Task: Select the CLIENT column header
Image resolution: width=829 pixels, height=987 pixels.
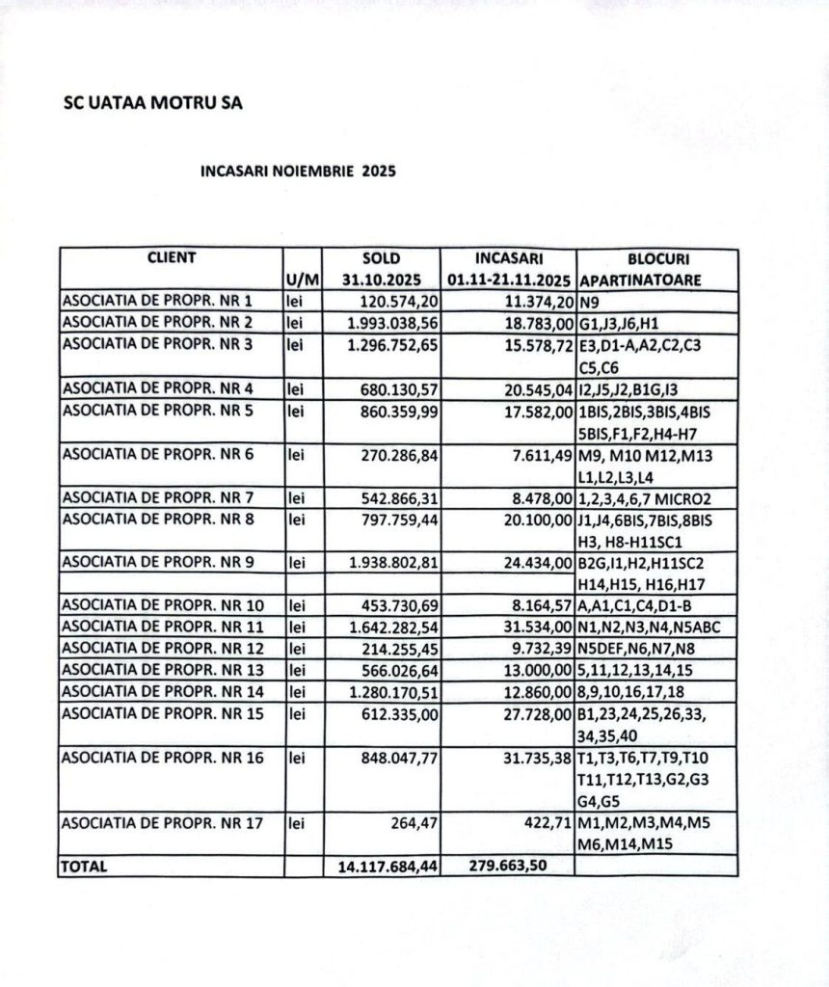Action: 171,258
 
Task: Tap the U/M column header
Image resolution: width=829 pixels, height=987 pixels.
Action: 302,280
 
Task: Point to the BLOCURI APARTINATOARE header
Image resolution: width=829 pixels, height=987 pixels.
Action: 657,270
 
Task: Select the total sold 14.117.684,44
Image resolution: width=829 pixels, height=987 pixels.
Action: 388,867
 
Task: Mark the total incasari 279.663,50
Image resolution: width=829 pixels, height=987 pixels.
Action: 509,866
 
